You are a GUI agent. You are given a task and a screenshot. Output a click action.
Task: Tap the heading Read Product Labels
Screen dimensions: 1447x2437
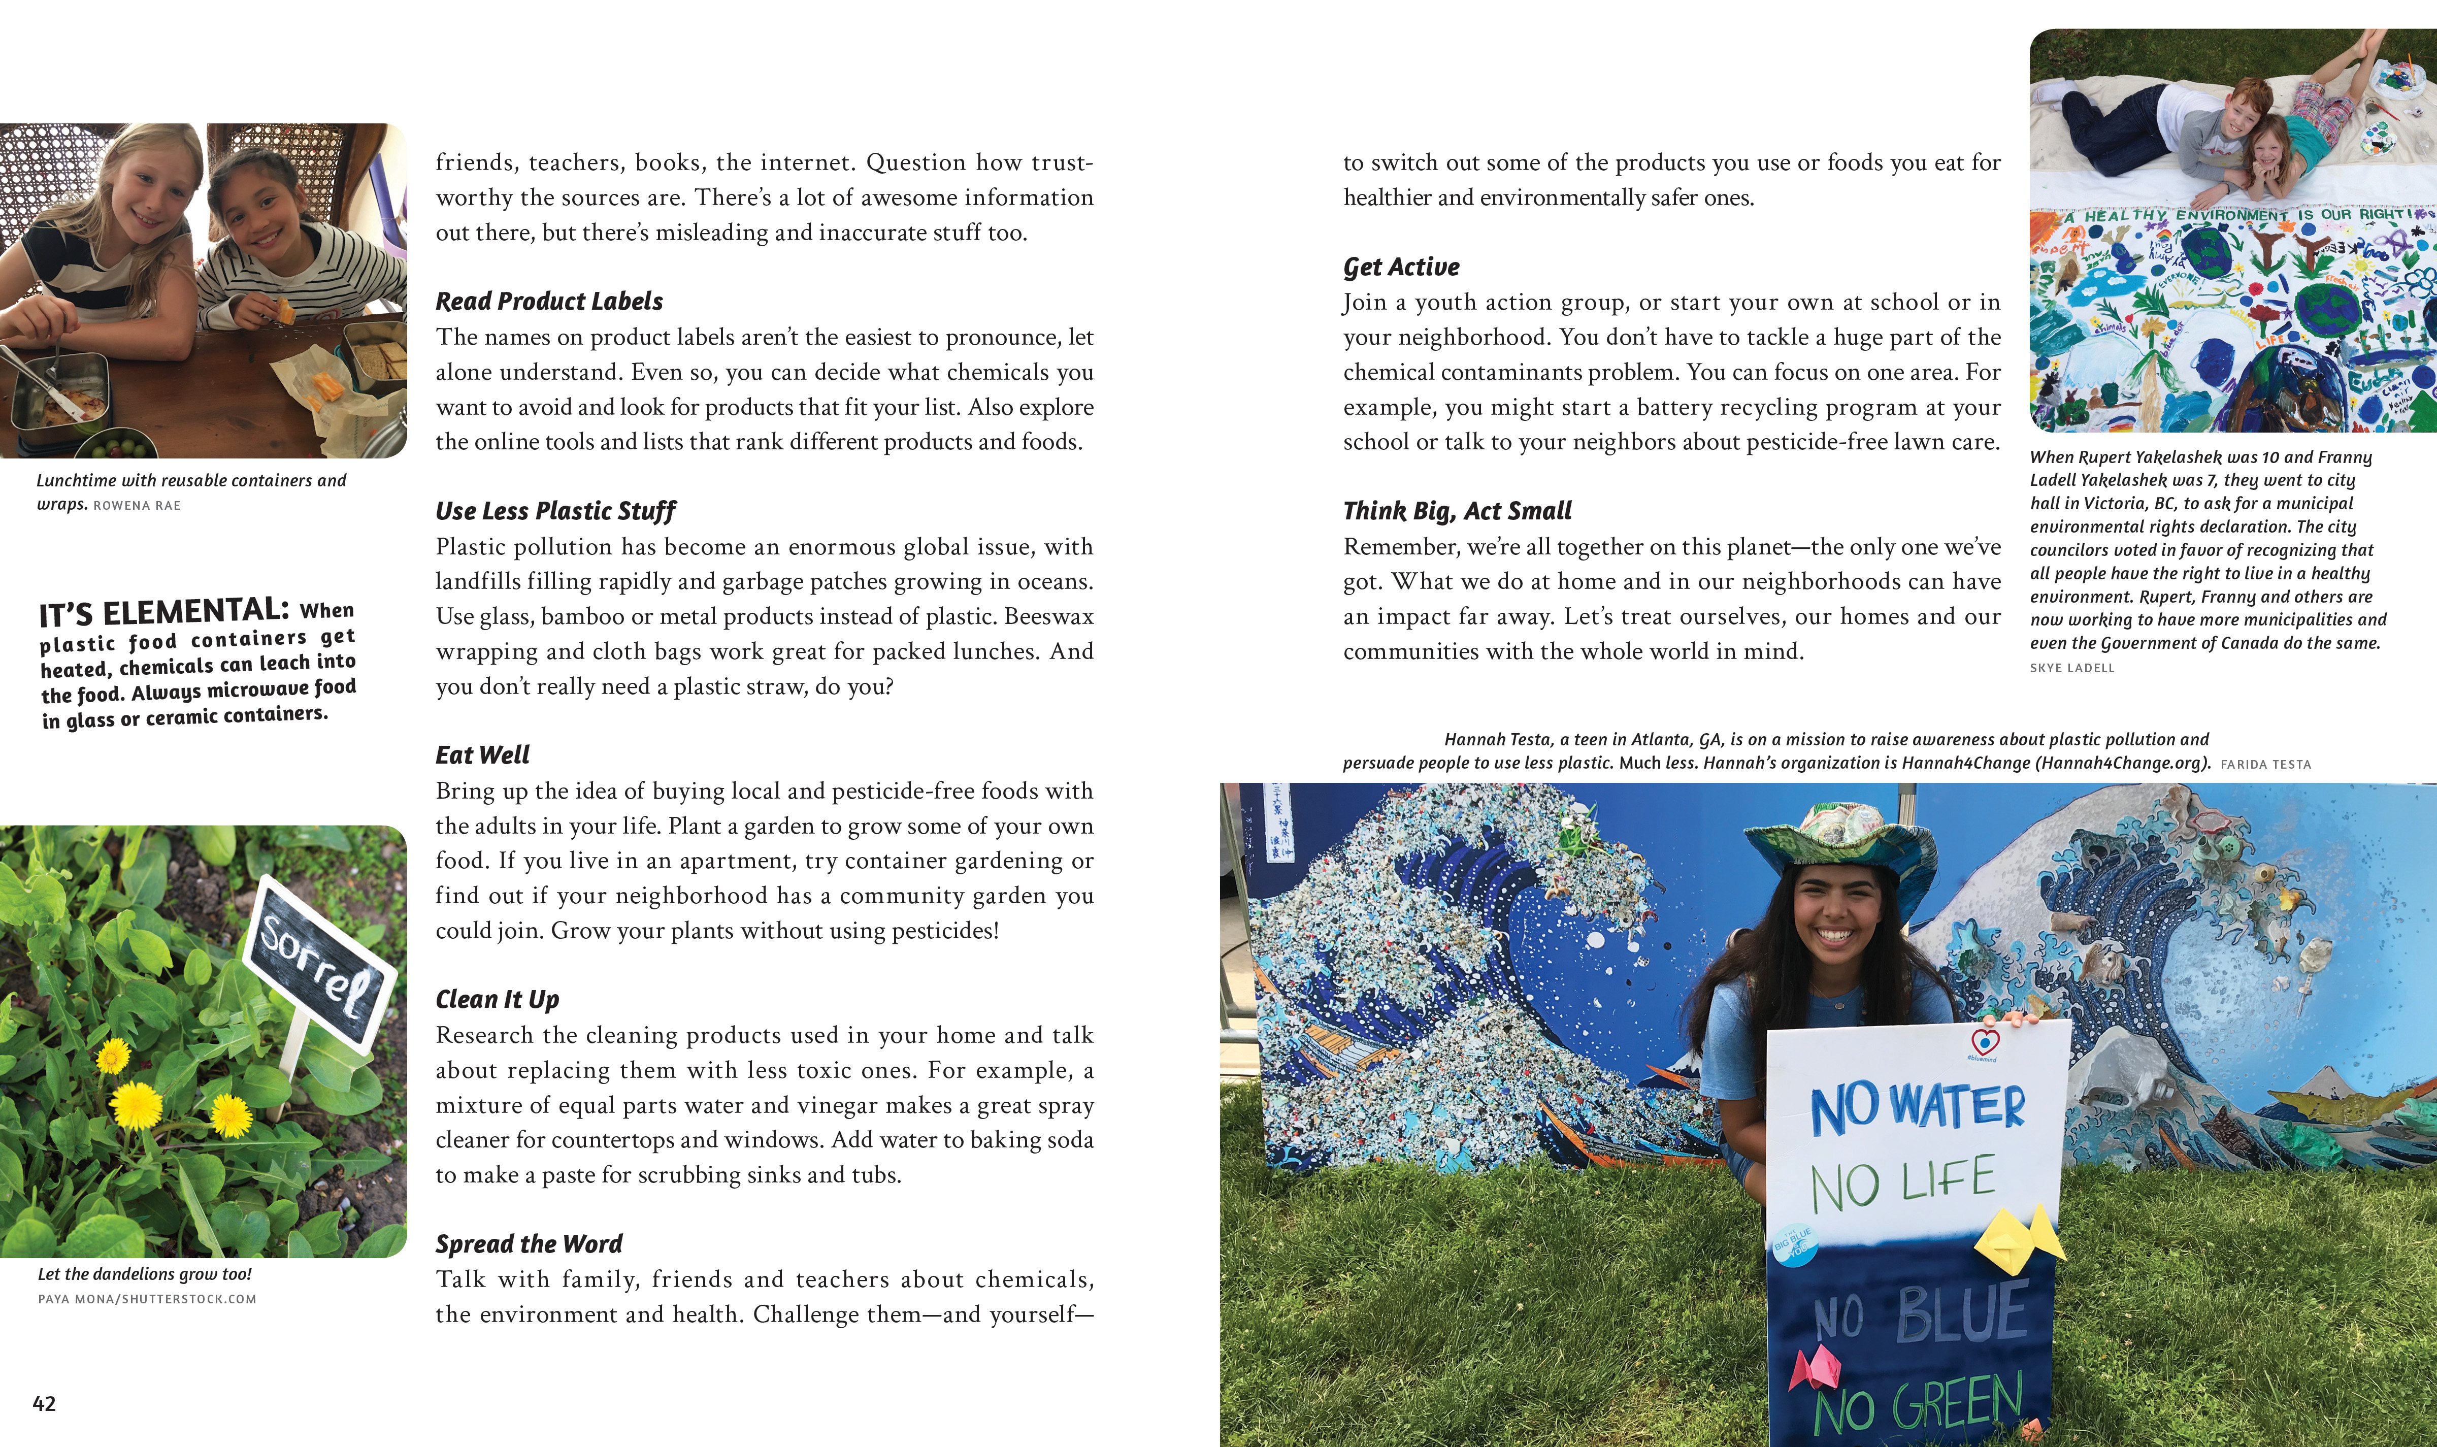pos(549,301)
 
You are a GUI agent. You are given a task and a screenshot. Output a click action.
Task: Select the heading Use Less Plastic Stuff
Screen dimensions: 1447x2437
pos(554,511)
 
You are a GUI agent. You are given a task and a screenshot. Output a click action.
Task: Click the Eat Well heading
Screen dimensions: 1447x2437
pos(482,754)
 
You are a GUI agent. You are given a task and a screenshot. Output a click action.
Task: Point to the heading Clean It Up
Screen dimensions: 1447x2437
pos(497,999)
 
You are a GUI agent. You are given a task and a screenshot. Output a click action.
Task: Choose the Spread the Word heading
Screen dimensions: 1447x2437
pos(529,1244)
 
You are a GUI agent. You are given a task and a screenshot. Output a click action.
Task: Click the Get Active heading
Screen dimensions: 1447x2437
pos(1401,267)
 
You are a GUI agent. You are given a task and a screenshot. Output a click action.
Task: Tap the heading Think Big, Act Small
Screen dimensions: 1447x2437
pos(1457,511)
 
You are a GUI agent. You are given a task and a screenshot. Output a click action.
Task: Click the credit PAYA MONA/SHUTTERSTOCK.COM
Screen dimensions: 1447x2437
pos(147,1299)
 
